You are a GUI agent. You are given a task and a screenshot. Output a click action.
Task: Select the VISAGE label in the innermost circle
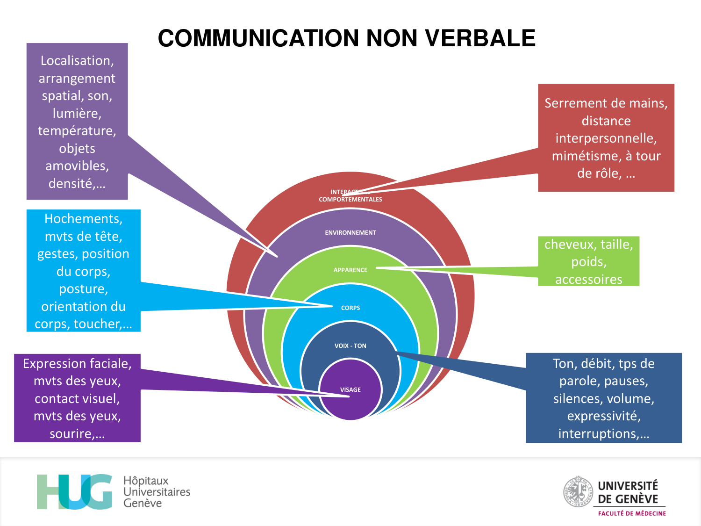tap(350, 389)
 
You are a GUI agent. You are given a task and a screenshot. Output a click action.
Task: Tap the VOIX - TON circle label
tap(350, 346)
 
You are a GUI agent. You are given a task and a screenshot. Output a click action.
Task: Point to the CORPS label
tap(350, 308)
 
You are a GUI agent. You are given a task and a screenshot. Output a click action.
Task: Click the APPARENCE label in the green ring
tap(350, 270)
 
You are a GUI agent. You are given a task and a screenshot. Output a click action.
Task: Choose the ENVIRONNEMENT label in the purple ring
tap(350, 232)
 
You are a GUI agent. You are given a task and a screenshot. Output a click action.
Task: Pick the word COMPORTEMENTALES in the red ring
tap(350, 200)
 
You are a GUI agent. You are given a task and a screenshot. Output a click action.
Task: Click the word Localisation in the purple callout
tap(76, 61)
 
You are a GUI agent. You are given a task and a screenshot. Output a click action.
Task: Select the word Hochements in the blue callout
tap(83, 219)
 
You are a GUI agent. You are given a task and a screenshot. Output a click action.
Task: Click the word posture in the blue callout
tap(83, 289)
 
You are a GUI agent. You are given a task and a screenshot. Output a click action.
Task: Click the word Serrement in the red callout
tap(574, 103)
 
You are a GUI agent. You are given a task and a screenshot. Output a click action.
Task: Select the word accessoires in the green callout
tap(588, 280)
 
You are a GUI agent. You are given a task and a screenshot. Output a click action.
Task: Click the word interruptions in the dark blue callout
tap(597, 434)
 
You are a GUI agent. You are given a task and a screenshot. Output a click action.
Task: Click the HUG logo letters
tap(75, 492)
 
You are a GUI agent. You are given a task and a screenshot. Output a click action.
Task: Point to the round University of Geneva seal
tap(578, 491)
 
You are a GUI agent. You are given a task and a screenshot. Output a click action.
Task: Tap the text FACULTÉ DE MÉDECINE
tap(632, 513)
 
